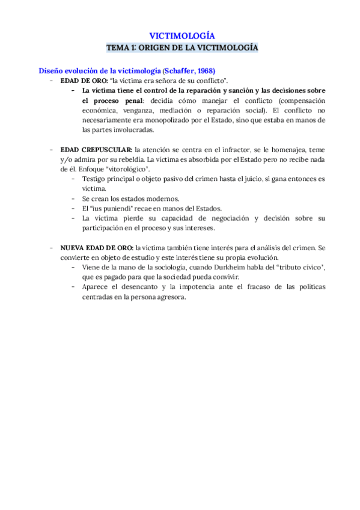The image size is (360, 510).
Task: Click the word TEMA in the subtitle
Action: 117,46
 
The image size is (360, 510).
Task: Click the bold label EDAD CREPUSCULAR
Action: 96,149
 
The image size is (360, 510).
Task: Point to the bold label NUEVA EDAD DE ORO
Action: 97,247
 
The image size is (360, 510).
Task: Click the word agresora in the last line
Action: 171,296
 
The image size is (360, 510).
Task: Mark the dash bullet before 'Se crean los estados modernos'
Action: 73,198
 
